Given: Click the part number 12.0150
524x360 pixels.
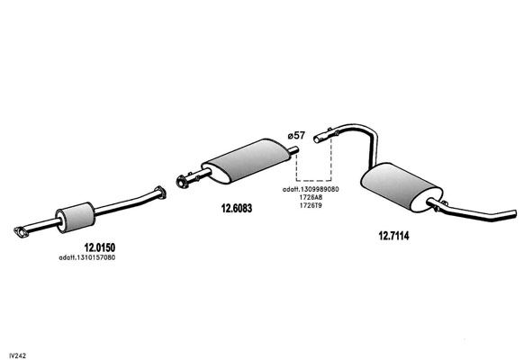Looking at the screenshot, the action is (100, 247).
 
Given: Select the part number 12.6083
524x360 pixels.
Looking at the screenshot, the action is (237, 209).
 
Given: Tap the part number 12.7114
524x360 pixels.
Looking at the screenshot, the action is (393, 236).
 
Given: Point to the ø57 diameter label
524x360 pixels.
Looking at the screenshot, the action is (296, 135).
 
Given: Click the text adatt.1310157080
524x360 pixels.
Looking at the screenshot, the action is (87, 257).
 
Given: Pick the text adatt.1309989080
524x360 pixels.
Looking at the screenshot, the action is (311, 189).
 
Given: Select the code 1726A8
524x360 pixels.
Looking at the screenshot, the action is (311, 197).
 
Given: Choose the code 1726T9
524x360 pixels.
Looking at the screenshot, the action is (311, 205).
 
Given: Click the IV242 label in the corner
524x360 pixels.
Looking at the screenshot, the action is (18, 355).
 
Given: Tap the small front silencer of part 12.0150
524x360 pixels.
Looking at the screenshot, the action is (76, 217).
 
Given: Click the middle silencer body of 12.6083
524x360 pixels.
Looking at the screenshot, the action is (247, 160).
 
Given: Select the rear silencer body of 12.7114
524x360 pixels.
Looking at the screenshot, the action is (401, 187).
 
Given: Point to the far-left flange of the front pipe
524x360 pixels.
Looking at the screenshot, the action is (21, 232).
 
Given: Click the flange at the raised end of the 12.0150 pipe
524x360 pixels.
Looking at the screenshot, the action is (161, 193).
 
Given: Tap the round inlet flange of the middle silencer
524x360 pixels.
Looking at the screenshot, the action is (182, 182).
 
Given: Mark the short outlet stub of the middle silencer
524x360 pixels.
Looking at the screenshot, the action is (294, 150).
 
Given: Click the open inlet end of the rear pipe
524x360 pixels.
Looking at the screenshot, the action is (318, 139).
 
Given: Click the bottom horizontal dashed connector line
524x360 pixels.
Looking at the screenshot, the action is (313, 181).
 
